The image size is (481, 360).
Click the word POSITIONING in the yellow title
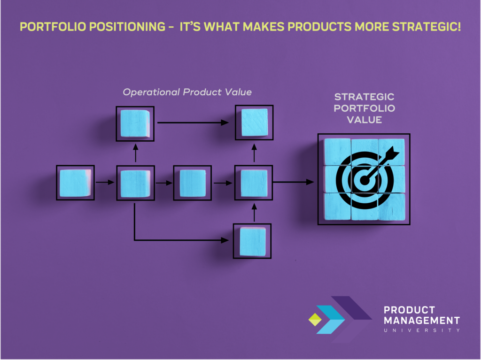127,27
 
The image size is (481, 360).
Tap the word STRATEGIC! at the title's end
427,27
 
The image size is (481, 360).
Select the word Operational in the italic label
151,92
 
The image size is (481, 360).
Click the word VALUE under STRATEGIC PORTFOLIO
365,120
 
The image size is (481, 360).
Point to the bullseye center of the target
365,180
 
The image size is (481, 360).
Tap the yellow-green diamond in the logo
315,320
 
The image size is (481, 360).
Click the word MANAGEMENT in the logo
422,321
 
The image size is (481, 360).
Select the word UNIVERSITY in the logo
422,330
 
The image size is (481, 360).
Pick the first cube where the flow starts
76,183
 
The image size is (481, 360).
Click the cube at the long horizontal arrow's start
135,123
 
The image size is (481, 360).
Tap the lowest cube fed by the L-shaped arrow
252,241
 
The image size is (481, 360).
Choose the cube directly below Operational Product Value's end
254,123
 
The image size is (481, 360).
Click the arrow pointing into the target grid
293,182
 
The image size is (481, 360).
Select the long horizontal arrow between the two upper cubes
193,123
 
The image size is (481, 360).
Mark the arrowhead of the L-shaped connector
225,240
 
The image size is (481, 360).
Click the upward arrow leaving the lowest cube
254,212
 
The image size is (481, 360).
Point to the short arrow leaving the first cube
105,182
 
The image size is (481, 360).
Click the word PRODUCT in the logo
409,310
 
